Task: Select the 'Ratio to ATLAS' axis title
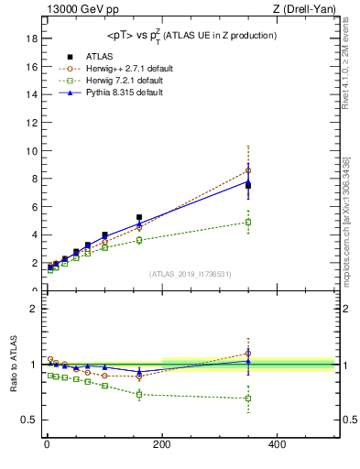(x=14, y=365)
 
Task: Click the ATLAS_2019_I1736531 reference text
(x=191, y=274)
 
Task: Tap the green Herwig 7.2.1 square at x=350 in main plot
(x=247, y=222)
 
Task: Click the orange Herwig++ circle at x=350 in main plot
(x=247, y=170)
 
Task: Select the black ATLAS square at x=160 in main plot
(x=139, y=217)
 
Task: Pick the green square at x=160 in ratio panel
(x=139, y=395)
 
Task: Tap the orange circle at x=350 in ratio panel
(x=247, y=354)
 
